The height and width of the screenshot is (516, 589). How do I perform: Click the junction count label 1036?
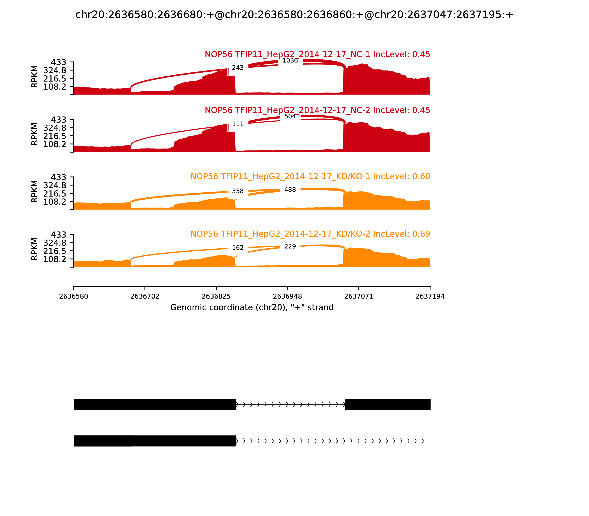tap(290, 60)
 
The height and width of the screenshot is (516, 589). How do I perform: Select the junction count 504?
tap(290, 116)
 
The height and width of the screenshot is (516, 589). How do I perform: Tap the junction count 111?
tap(238, 124)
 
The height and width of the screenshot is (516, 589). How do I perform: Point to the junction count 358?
tap(238, 191)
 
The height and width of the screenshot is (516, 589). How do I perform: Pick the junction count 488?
tap(290, 190)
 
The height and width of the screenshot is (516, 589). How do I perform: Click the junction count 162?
tap(238, 248)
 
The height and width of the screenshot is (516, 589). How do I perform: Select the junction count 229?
tap(290, 247)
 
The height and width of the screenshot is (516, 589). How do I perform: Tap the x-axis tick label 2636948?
tap(287, 297)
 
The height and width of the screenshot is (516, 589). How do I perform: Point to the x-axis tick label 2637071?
tap(359, 297)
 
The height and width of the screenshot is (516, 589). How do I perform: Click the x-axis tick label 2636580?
tap(74, 297)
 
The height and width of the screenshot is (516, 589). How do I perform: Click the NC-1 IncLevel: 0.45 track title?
tap(317, 54)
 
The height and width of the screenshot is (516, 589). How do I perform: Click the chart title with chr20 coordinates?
tap(294, 15)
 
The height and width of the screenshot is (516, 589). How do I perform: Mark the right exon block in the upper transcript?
tap(387, 404)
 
